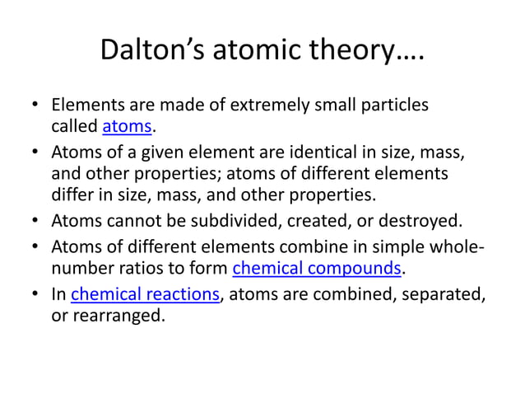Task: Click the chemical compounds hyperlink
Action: pos(318,269)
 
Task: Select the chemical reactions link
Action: pos(146,295)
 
